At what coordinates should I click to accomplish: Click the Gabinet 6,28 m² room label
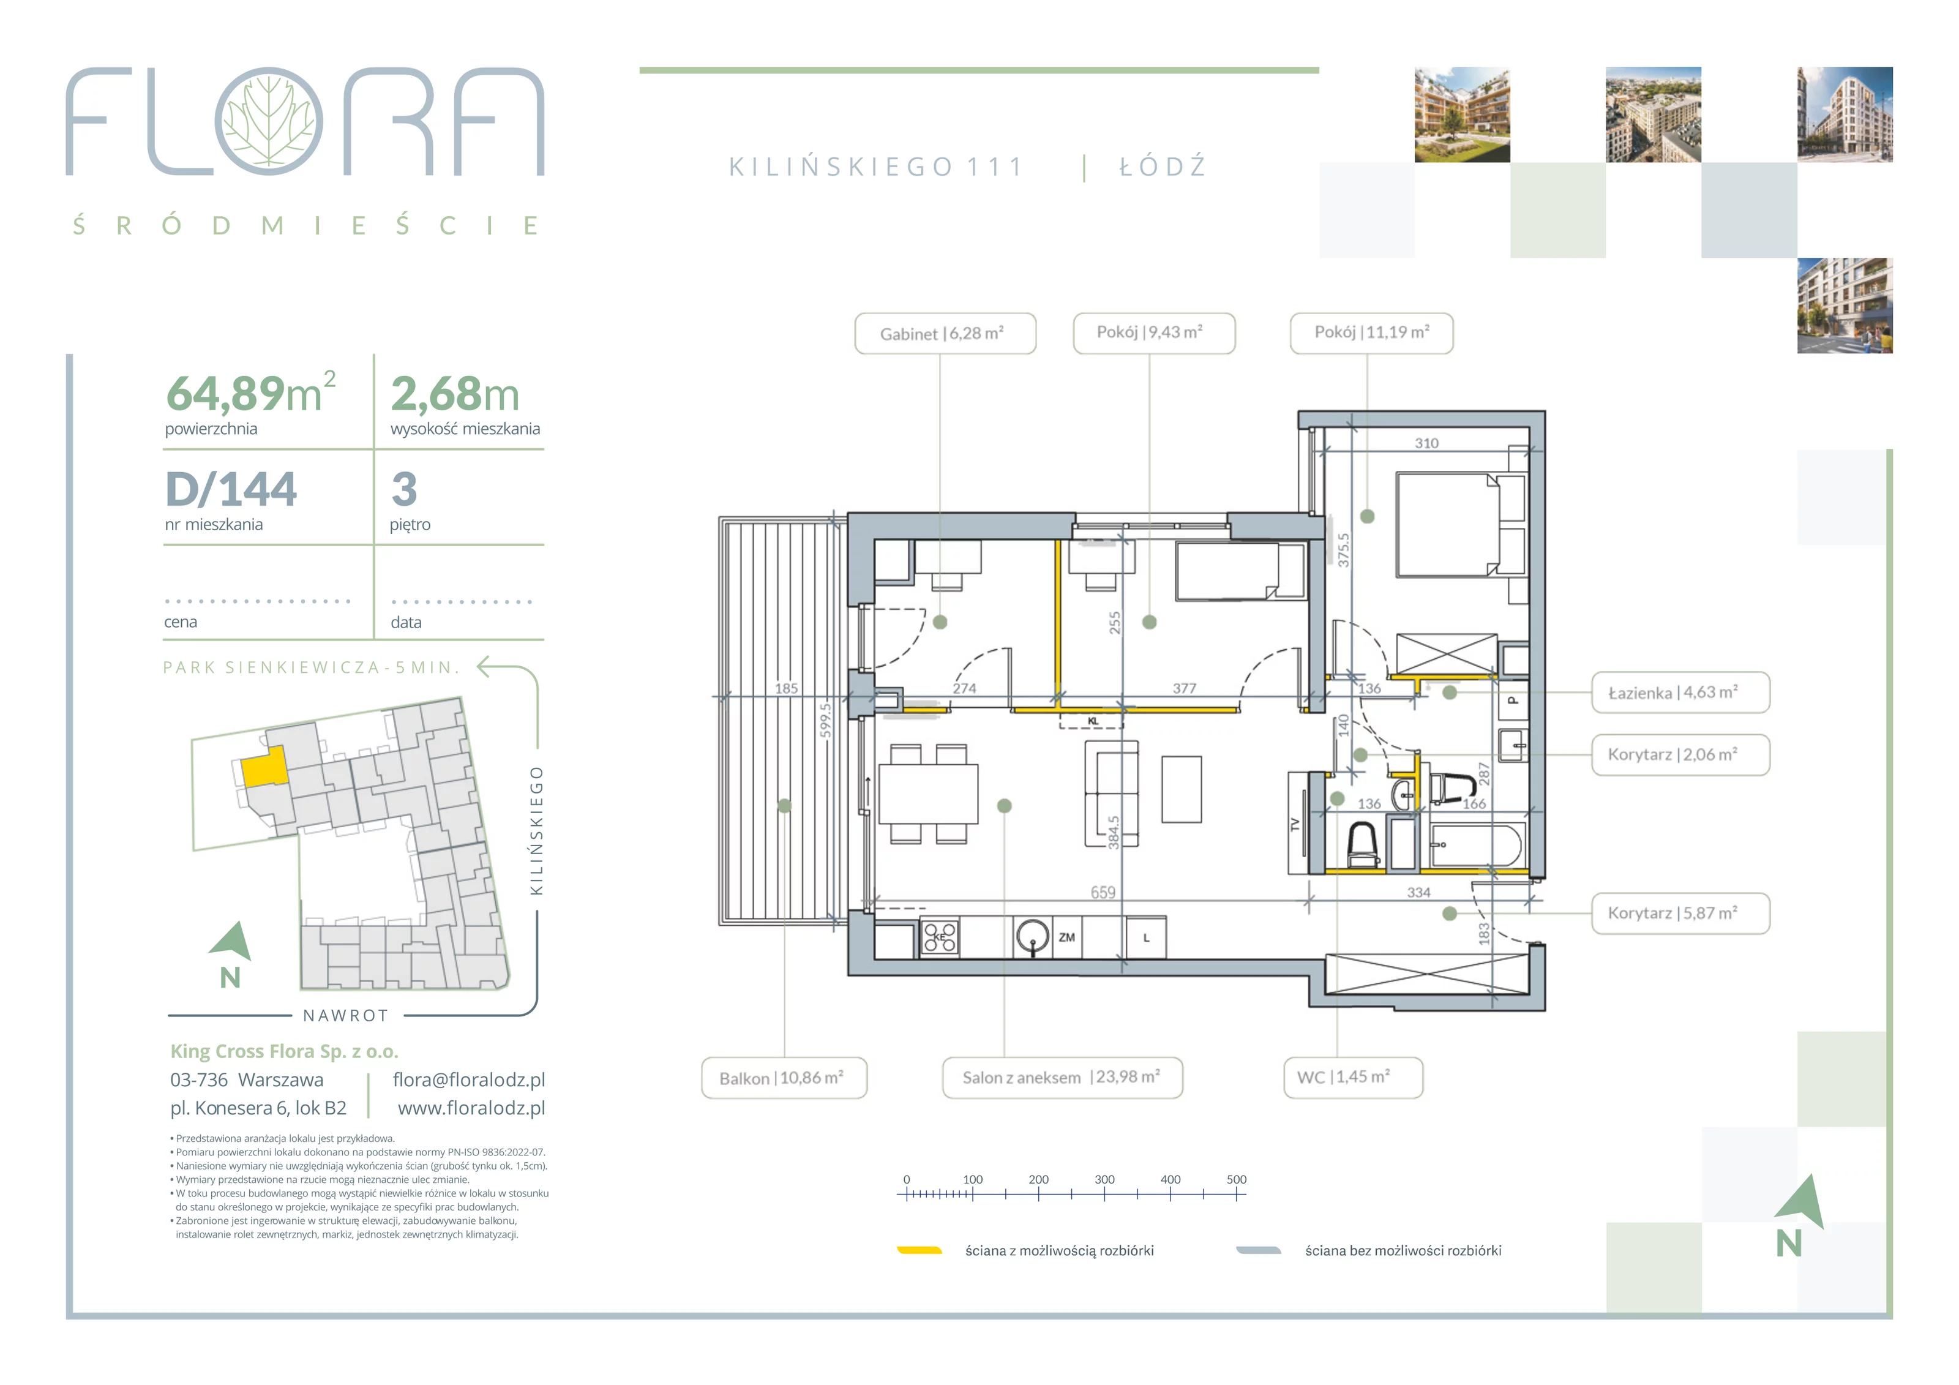[945, 334]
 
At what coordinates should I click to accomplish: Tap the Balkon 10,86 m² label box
[784, 1078]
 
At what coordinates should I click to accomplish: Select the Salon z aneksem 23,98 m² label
[1062, 1078]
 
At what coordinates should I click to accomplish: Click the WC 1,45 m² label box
[1353, 1078]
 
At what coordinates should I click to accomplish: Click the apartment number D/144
[231, 489]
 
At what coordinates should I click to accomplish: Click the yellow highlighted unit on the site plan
[264, 767]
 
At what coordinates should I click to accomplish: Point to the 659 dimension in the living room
[1103, 891]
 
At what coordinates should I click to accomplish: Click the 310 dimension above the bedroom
[1426, 443]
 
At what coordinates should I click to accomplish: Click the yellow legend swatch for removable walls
[919, 1250]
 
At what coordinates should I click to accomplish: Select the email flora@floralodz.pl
[468, 1079]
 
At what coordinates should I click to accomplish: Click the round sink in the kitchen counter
[1032, 936]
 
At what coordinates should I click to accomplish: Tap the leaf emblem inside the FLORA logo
[269, 121]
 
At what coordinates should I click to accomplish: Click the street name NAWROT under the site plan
[345, 1016]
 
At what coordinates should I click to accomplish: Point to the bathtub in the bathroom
[1474, 845]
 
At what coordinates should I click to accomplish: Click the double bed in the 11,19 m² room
[1447, 526]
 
